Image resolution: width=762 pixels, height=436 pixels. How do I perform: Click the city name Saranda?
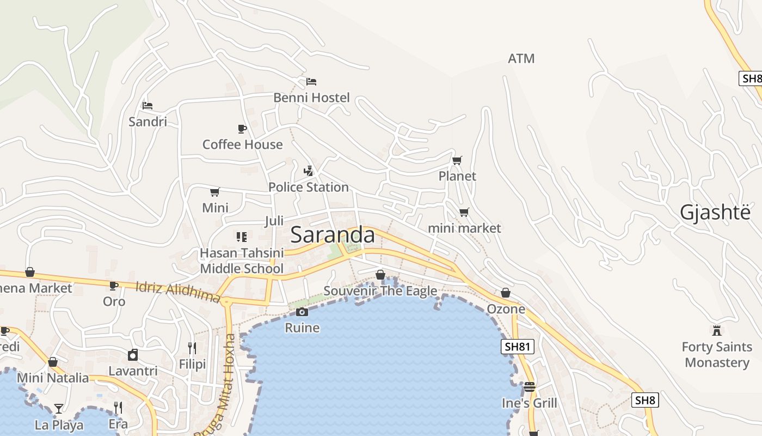pyautogui.click(x=333, y=235)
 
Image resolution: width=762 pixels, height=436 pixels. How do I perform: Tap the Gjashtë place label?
pyautogui.click(x=715, y=213)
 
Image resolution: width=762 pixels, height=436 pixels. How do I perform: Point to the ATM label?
pyautogui.click(x=521, y=58)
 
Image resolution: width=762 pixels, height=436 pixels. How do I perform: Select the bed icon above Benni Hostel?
pyautogui.click(x=311, y=82)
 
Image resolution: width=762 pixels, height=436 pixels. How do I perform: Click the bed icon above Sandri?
pyautogui.click(x=148, y=106)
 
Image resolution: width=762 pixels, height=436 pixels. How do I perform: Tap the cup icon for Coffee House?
pyautogui.click(x=242, y=129)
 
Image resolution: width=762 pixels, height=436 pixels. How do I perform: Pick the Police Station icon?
pyautogui.click(x=309, y=171)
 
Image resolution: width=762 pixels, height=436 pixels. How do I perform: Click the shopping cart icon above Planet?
pyautogui.click(x=457, y=160)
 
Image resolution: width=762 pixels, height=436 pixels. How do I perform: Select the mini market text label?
pyautogui.click(x=464, y=228)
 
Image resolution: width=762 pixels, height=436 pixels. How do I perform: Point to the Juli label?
pyautogui.click(x=274, y=221)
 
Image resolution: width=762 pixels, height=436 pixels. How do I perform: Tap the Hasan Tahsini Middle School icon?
pyautogui.click(x=242, y=237)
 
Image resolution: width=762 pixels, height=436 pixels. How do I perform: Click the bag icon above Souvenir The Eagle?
pyautogui.click(x=380, y=275)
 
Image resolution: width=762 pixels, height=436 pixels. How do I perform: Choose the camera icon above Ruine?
pyautogui.click(x=302, y=312)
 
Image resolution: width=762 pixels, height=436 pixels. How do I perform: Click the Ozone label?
pyautogui.click(x=506, y=309)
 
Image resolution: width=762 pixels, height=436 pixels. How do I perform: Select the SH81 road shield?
pyautogui.click(x=518, y=347)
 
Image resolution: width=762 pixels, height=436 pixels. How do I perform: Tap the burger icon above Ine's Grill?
pyautogui.click(x=530, y=387)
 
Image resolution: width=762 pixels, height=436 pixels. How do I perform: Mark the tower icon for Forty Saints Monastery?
pyautogui.click(x=717, y=330)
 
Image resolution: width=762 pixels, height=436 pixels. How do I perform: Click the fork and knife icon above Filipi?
pyautogui.click(x=192, y=348)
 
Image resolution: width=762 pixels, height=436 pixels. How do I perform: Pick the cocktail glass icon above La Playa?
pyautogui.click(x=59, y=408)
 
